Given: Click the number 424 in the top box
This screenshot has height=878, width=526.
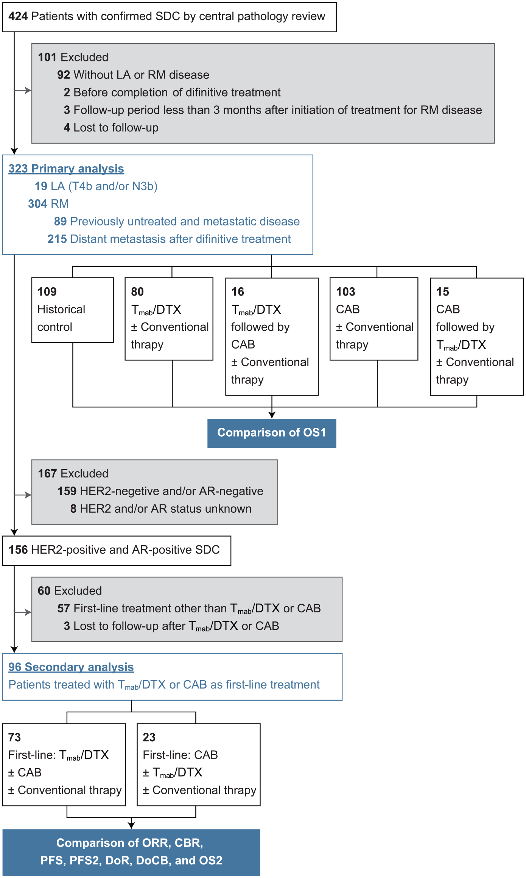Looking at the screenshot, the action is click(18, 16).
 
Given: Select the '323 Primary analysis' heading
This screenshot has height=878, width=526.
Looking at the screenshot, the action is click(66, 169).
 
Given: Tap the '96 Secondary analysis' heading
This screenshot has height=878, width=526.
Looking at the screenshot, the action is click(71, 667).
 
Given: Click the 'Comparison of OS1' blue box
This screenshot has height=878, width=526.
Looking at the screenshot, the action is click(272, 433).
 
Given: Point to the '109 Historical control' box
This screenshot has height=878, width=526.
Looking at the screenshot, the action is click(73, 310).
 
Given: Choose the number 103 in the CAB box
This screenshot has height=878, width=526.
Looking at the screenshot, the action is click(345, 292).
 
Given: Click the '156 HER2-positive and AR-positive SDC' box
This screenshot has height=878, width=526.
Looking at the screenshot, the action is click(117, 550).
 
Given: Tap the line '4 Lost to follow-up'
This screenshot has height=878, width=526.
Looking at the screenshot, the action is click(111, 128).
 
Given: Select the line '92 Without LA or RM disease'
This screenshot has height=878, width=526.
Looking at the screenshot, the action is click(133, 75).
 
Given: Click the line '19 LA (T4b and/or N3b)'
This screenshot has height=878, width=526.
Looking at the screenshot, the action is click(96, 186).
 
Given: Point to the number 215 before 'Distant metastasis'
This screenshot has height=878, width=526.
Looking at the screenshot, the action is click(57, 239).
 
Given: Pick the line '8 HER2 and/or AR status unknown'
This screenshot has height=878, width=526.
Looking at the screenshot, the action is click(161, 509).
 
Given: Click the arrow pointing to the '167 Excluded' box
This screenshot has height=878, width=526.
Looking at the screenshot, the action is click(23, 495).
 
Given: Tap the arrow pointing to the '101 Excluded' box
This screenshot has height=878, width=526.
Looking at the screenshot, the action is click(23, 90).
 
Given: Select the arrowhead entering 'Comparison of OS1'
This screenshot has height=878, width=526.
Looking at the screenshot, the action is click(272, 415).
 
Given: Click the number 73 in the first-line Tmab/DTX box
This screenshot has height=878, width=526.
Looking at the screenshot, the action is click(14, 737).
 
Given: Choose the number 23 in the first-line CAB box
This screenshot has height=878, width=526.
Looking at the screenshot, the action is click(149, 737).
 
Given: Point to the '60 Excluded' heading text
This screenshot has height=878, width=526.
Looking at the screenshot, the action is click(70, 591).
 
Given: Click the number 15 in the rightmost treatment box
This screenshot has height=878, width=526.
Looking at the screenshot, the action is click(442, 292).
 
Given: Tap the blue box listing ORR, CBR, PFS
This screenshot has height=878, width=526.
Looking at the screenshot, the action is click(131, 852).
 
